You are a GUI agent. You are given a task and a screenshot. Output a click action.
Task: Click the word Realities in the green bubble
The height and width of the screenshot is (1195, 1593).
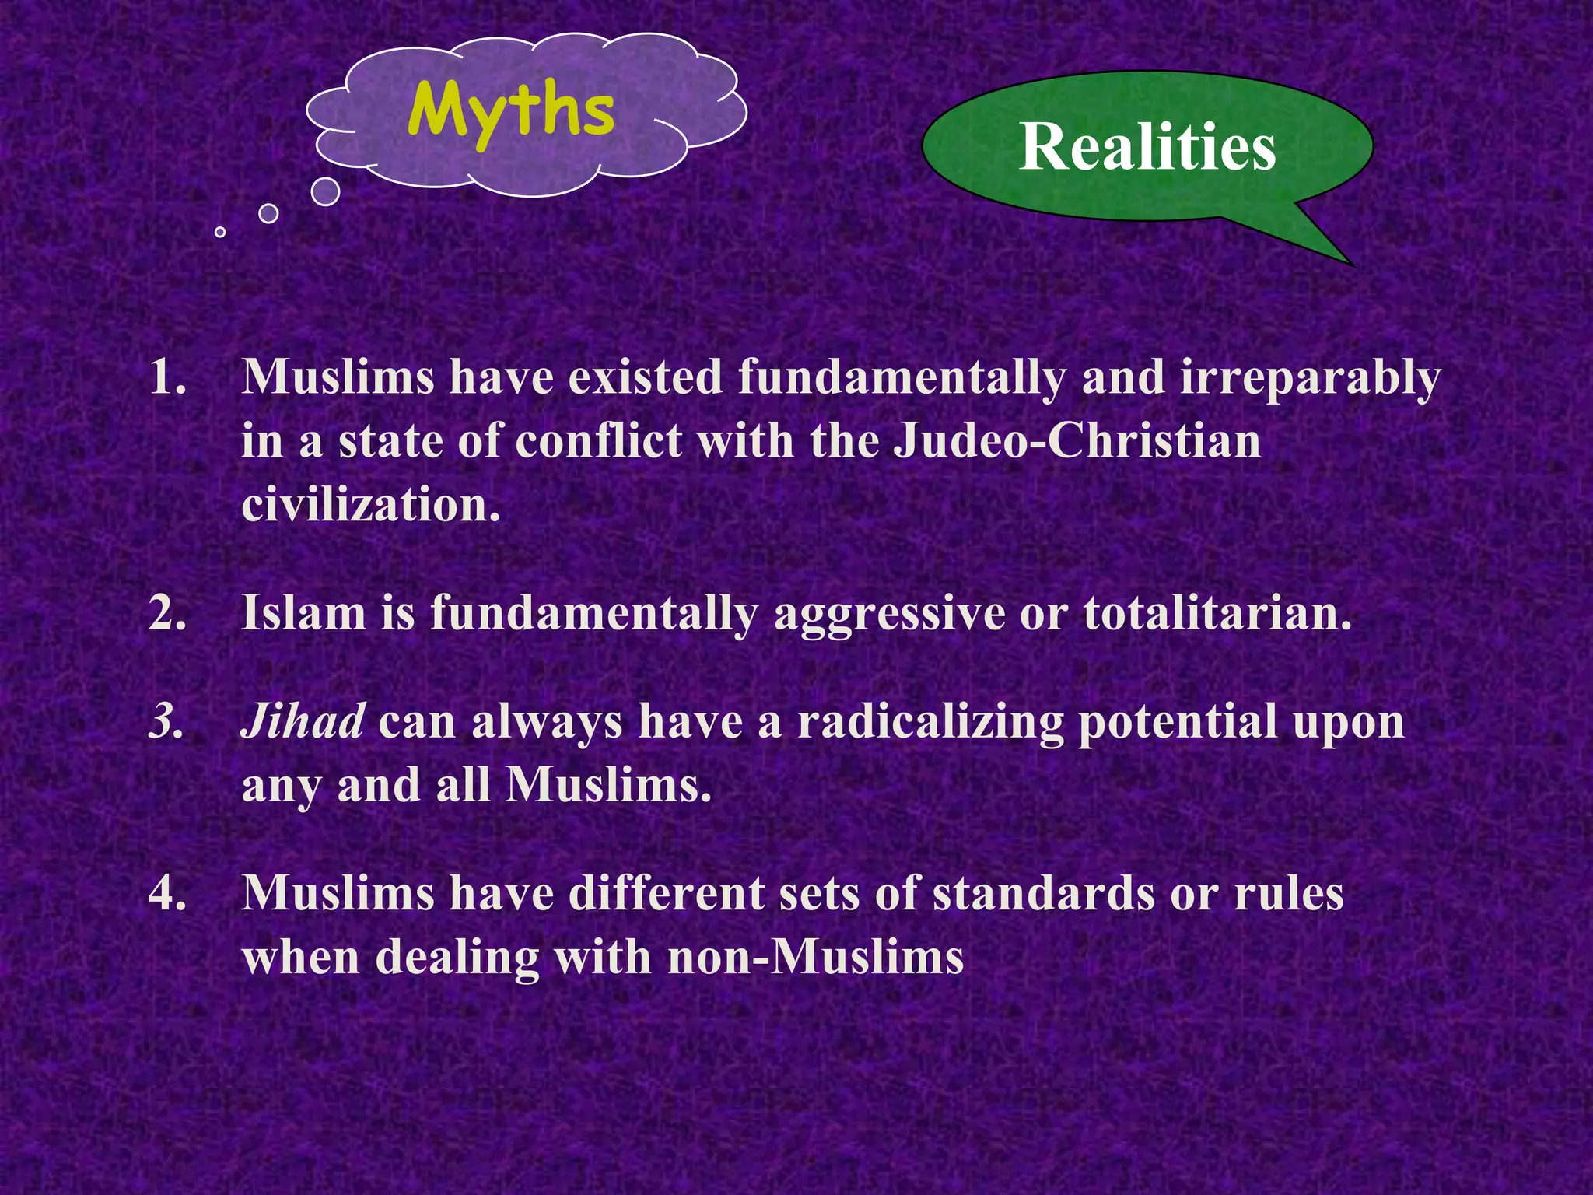[x=1147, y=147]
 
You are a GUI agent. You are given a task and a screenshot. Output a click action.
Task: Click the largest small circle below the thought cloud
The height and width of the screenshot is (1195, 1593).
[x=325, y=191]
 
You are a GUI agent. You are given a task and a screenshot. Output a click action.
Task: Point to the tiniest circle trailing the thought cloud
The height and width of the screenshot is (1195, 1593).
[x=220, y=232]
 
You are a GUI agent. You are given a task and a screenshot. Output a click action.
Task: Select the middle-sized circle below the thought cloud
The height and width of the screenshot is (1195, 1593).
[x=268, y=213]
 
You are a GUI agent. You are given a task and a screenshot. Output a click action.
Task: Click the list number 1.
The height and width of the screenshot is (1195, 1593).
[x=168, y=378]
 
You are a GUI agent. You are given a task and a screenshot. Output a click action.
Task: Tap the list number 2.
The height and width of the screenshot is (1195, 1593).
[x=168, y=614]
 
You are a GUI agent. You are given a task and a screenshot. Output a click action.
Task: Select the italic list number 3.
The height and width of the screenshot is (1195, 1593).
[x=166, y=722]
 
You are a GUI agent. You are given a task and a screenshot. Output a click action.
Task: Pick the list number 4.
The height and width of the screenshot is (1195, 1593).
[x=168, y=893]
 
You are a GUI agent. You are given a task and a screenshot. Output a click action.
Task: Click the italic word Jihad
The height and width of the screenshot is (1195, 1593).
[x=303, y=721]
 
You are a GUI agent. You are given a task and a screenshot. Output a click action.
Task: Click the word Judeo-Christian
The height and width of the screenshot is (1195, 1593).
[x=1077, y=441]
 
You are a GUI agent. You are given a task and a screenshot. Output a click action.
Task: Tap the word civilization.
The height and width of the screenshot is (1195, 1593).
[x=370, y=505]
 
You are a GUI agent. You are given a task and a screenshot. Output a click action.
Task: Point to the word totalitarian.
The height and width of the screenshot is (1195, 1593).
[x=1217, y=614]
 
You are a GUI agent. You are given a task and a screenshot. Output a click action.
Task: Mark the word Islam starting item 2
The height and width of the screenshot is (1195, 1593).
[x=303, y=614]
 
